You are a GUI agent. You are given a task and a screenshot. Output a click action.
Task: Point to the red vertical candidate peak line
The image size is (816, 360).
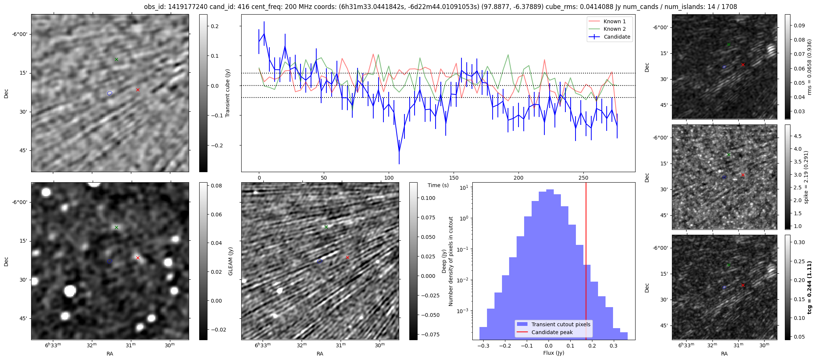point(586,262)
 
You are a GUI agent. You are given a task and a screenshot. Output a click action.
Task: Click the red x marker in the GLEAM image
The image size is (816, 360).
point(138,258)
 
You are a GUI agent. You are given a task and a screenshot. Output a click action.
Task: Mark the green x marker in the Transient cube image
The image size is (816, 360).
point(116,59)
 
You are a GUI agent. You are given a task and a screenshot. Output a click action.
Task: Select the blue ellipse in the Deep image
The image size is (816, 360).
point(320,261)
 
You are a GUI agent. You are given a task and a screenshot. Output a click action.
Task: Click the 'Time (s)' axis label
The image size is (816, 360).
point(438,185)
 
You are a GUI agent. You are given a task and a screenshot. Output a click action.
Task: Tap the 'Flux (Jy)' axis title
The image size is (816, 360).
point(553,353)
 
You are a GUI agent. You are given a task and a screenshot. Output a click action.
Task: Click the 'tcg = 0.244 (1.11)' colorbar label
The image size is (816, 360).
point(809,287)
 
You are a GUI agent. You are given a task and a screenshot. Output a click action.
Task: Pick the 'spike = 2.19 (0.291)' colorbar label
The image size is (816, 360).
point(806,177)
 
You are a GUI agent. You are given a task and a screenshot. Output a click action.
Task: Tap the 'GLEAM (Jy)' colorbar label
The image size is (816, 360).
point(230,261)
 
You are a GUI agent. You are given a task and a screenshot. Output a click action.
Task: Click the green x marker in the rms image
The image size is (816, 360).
point(729,45)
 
